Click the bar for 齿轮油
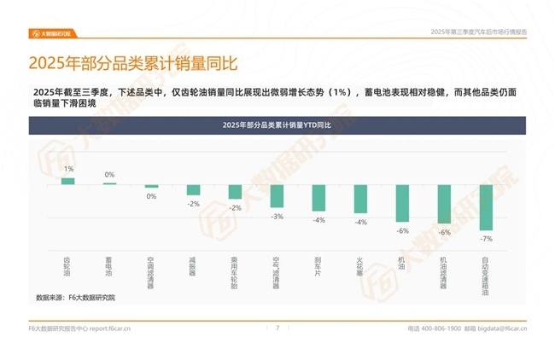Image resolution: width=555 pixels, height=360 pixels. [x=67, y=181]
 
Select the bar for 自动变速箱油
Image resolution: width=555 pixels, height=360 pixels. [x=486, y=207]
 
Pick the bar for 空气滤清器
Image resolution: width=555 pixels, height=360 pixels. [x=277, y=195]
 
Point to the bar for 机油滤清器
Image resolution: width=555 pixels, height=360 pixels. [x=444, y=204]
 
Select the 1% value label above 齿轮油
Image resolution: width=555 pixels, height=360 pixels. [x=67, y=169]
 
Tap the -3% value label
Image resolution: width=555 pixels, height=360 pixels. [x=277, y=216]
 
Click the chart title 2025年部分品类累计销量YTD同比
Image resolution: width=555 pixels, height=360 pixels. [x=277, y=125]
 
